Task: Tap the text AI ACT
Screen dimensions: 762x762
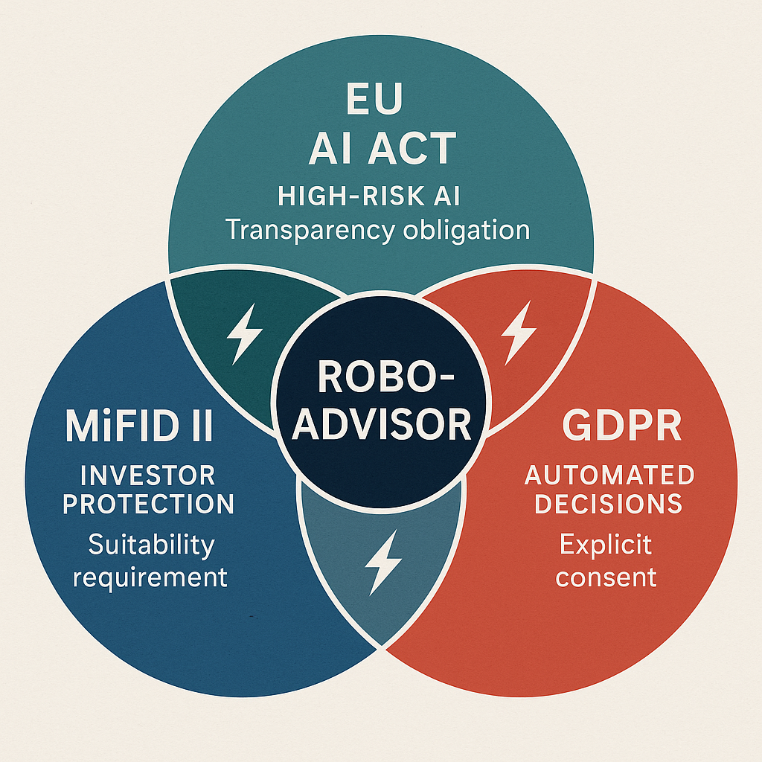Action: click(x=382, y=148)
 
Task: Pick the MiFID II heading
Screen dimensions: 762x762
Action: click(x=139, y=427)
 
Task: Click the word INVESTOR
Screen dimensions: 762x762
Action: click(x=147, y=474)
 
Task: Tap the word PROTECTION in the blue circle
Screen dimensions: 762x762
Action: click(x=148, y=504)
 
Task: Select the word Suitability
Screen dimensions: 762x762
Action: click(x=151, y=545)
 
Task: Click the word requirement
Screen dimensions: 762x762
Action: click(x=150, y=577)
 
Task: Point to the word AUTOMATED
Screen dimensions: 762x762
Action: click(x=609, y=474)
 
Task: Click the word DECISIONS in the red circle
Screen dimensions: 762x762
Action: click(x=609, y=504)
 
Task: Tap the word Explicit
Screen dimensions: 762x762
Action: click(x=606, y=545)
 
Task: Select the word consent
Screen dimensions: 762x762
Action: click(x=606, y=577)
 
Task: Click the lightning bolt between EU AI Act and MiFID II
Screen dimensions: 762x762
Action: click(x=243, y=336)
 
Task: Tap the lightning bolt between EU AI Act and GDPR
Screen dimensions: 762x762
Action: click(x=519, y=331)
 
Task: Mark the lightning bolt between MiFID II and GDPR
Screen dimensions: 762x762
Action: click(x=382, y=563)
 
